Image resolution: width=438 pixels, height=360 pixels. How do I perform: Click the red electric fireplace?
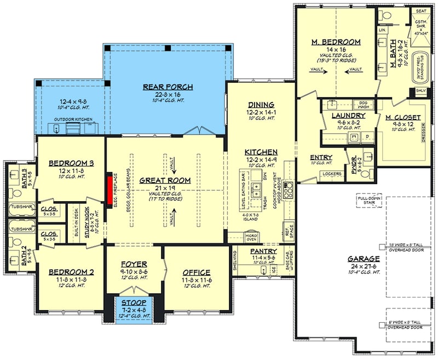[109, 186]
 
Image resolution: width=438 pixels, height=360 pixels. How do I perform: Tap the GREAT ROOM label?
[165, 180]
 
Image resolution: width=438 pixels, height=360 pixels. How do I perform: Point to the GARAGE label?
[362, 259]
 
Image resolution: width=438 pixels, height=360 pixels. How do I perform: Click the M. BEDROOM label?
[337, 42]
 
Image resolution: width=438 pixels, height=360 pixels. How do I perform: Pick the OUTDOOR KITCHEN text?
[73, 119]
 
